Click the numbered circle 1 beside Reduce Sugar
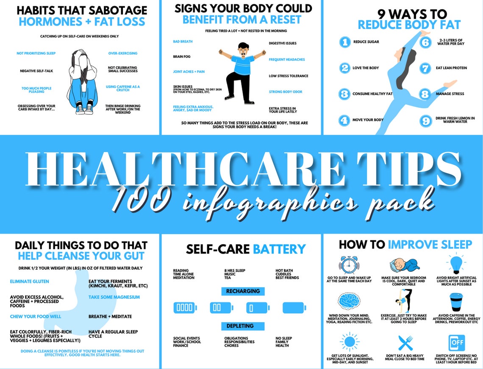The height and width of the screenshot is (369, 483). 345,42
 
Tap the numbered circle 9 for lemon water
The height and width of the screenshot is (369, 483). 425,120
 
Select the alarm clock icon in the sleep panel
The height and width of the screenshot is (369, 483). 349,264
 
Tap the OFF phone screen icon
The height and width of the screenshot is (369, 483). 456,343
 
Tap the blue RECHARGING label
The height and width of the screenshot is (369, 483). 243,291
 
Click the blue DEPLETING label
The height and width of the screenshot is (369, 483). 243,326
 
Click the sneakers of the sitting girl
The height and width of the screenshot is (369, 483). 83,110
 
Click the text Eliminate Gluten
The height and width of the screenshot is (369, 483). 29,282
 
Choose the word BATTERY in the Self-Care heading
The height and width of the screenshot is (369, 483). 279,249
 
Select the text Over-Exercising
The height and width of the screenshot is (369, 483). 123,54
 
